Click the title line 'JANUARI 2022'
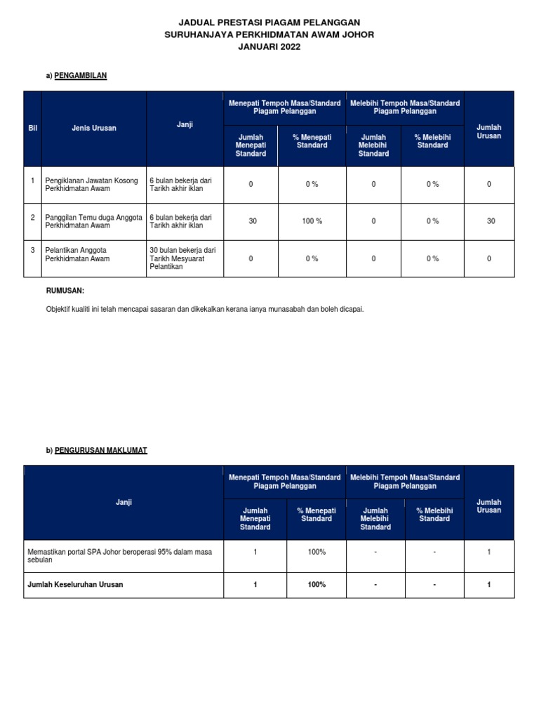pyautogui.click(x=269, y=46)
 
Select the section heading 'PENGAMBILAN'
pyautogui.click(x=81, y=76)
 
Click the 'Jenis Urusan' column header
pyautogui.click(x=94, y=128)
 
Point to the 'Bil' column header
pyautogui.click(x=32, y=128)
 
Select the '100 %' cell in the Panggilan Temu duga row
pyautogui.click(x=312, y=221)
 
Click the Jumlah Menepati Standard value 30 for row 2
pyautogui.click(x=253, y=221)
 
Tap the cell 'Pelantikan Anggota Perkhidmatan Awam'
pyautogui.click(x=77, y=254)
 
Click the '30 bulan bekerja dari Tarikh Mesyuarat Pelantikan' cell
pyautogui.click(x=182, y=258)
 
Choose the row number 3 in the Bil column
pyautogui.click(x=32, y=250)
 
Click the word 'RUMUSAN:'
pyautogui.click(x=65, y=290)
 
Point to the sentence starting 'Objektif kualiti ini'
pyautogui.click(x=205, y=310)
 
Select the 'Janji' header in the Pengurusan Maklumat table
pyautogui.click(x=124, y=502)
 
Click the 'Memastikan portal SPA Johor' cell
pyautogui.click(x=119, y=556)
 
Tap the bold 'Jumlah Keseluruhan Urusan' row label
pyautogui.click(x=75, y=585)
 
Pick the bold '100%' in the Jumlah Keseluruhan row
pyautogui.click(x=317, y=585)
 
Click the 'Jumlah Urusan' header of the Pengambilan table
pyautogui.click(x=488, y=132)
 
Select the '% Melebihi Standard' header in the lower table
pyautogui.click(x=434, y=515)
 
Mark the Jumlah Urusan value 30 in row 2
pyautogui.click(x=491, y=221)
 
